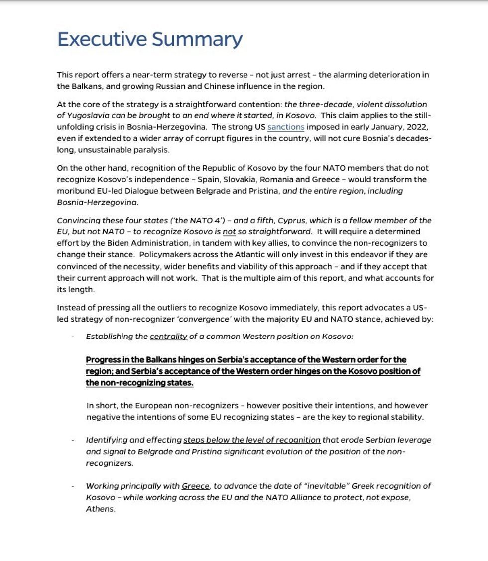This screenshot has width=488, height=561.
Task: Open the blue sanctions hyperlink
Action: coord(286,127)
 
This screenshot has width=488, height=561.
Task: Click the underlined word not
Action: coord(229,231)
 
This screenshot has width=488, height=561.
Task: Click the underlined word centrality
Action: coord(168,337)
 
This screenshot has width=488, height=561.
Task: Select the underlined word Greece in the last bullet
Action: coord(196,486)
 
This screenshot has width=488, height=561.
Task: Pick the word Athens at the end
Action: coord(100,509)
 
